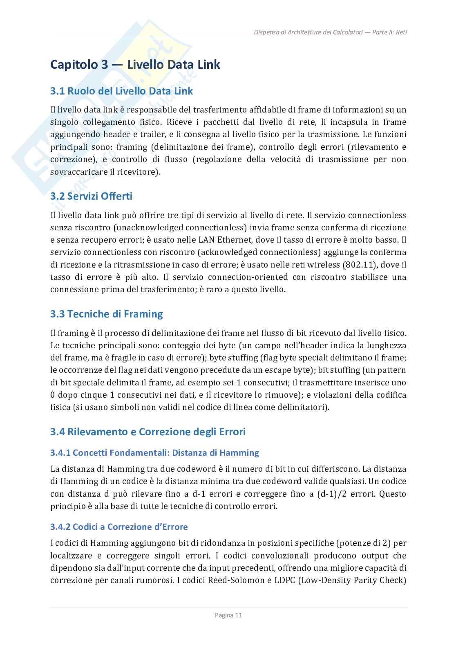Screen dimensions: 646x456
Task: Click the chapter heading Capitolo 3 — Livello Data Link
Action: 135,65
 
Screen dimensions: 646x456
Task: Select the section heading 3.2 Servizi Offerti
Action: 91,196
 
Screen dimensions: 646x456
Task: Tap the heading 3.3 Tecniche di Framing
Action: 106,314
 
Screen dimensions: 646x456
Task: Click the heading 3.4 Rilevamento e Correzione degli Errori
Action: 148,432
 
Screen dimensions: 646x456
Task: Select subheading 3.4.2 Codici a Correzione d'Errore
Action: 119,527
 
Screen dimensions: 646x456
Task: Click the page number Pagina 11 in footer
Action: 228,615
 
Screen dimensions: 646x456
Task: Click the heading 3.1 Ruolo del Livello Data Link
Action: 121,91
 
